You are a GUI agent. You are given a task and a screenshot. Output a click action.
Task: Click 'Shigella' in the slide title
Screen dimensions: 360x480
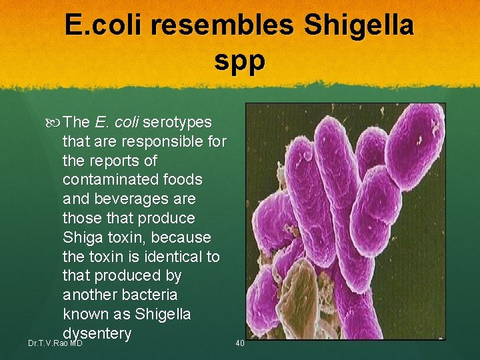click(359, 26)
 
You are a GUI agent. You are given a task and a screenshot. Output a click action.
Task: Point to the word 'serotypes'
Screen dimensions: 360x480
click(177, 123)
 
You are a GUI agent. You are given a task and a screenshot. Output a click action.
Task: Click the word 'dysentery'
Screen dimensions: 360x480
click(97, 333)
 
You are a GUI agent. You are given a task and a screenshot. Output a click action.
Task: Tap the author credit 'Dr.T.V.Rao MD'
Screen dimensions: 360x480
click(55, 343)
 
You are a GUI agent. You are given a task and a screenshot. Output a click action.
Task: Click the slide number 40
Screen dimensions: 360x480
click(240, 343)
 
